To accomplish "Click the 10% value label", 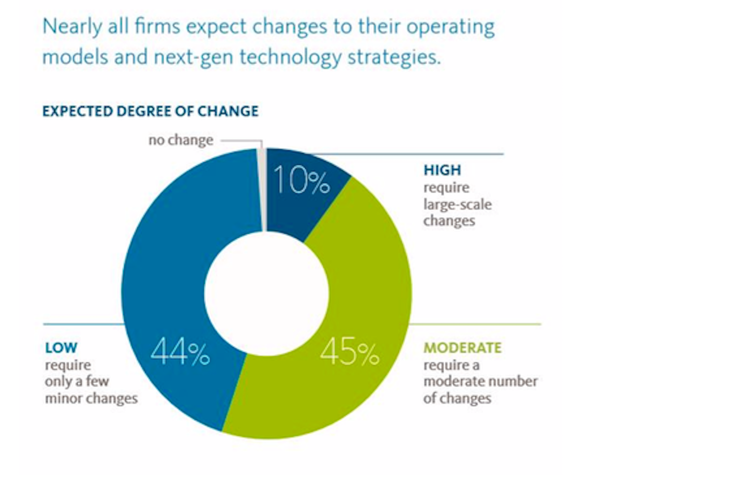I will (x=301, y=181).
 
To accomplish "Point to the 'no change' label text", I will (x=180, y=140).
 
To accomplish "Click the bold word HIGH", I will (x=442, y=170).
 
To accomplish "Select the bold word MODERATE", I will (x=462, y=348).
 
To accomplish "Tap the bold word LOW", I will (x=61, y=348).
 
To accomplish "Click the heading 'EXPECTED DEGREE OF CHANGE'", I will (x=150, y=111).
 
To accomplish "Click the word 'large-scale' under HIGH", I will (x=457, y=204).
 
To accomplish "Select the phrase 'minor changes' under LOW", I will (x=91, y=398).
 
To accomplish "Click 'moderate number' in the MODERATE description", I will (x=480, y=381).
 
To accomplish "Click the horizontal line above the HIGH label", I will (x=417, y=154).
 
